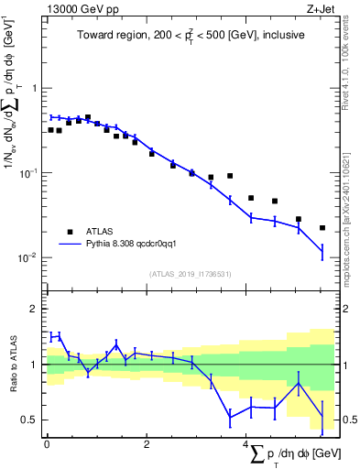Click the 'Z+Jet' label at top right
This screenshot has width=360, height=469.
pyautogui.click(x=319, y=8)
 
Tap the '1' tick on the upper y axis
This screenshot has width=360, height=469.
pyautogui.click(x=35, y=89)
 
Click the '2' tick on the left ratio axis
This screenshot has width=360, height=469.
pyautogui.click(x=35, y=309)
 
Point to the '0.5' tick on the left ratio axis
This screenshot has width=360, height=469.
pyautogui.click(x=30, y=420)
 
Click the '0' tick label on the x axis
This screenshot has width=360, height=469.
pyautogui.click(x=47, y=444)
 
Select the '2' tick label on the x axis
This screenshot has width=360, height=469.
pyautogui.click(x=147, y=444)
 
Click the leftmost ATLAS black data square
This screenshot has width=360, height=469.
pyautogui.click(x=51, y=130)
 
